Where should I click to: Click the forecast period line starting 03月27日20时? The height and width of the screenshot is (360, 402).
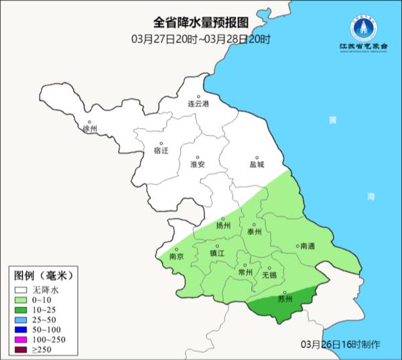(x=201, y=39)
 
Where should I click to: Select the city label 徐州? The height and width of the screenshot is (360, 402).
(x=89, y=129)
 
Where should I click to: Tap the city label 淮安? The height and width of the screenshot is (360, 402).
(x=198, y=164)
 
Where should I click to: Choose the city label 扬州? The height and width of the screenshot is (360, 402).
(x=223, y=226)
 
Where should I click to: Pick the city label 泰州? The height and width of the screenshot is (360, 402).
(x=254, y=232)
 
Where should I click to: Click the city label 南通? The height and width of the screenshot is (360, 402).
(x=308, y=246)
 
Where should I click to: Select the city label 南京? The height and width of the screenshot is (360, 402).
(x=177, y=255)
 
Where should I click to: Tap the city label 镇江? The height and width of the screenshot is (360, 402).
(x=218, y=254)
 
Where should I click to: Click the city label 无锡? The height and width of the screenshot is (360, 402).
(x=269, y=275)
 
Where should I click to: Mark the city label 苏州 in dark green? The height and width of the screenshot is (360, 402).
(x=285, y=300)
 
